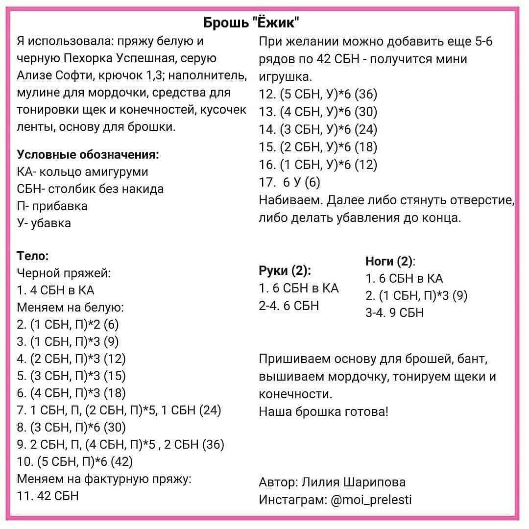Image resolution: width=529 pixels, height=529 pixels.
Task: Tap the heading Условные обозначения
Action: pos(88,155)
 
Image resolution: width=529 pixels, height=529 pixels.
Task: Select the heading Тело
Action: pos(33,256)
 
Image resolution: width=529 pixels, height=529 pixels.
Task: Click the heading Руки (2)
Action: pos(285,270)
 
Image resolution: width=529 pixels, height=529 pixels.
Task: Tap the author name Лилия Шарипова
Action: pos(353,482)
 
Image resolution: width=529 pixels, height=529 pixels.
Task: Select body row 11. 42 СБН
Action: pos(48,496)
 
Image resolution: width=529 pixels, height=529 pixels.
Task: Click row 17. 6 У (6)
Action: pos(289,182)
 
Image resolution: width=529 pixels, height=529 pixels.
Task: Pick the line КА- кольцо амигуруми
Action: pos(82,172)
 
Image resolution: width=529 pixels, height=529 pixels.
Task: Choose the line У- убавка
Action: pos(44,223)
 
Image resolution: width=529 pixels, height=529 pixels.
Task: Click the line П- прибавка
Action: pos(52,206)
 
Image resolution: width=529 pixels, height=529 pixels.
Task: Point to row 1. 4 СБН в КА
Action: pos(55,290)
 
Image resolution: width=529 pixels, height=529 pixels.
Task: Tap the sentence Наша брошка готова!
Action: pos(323,411)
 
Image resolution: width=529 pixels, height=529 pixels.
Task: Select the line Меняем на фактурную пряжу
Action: pos(104,479)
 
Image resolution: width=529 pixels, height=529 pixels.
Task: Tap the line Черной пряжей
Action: pos(64,273)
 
